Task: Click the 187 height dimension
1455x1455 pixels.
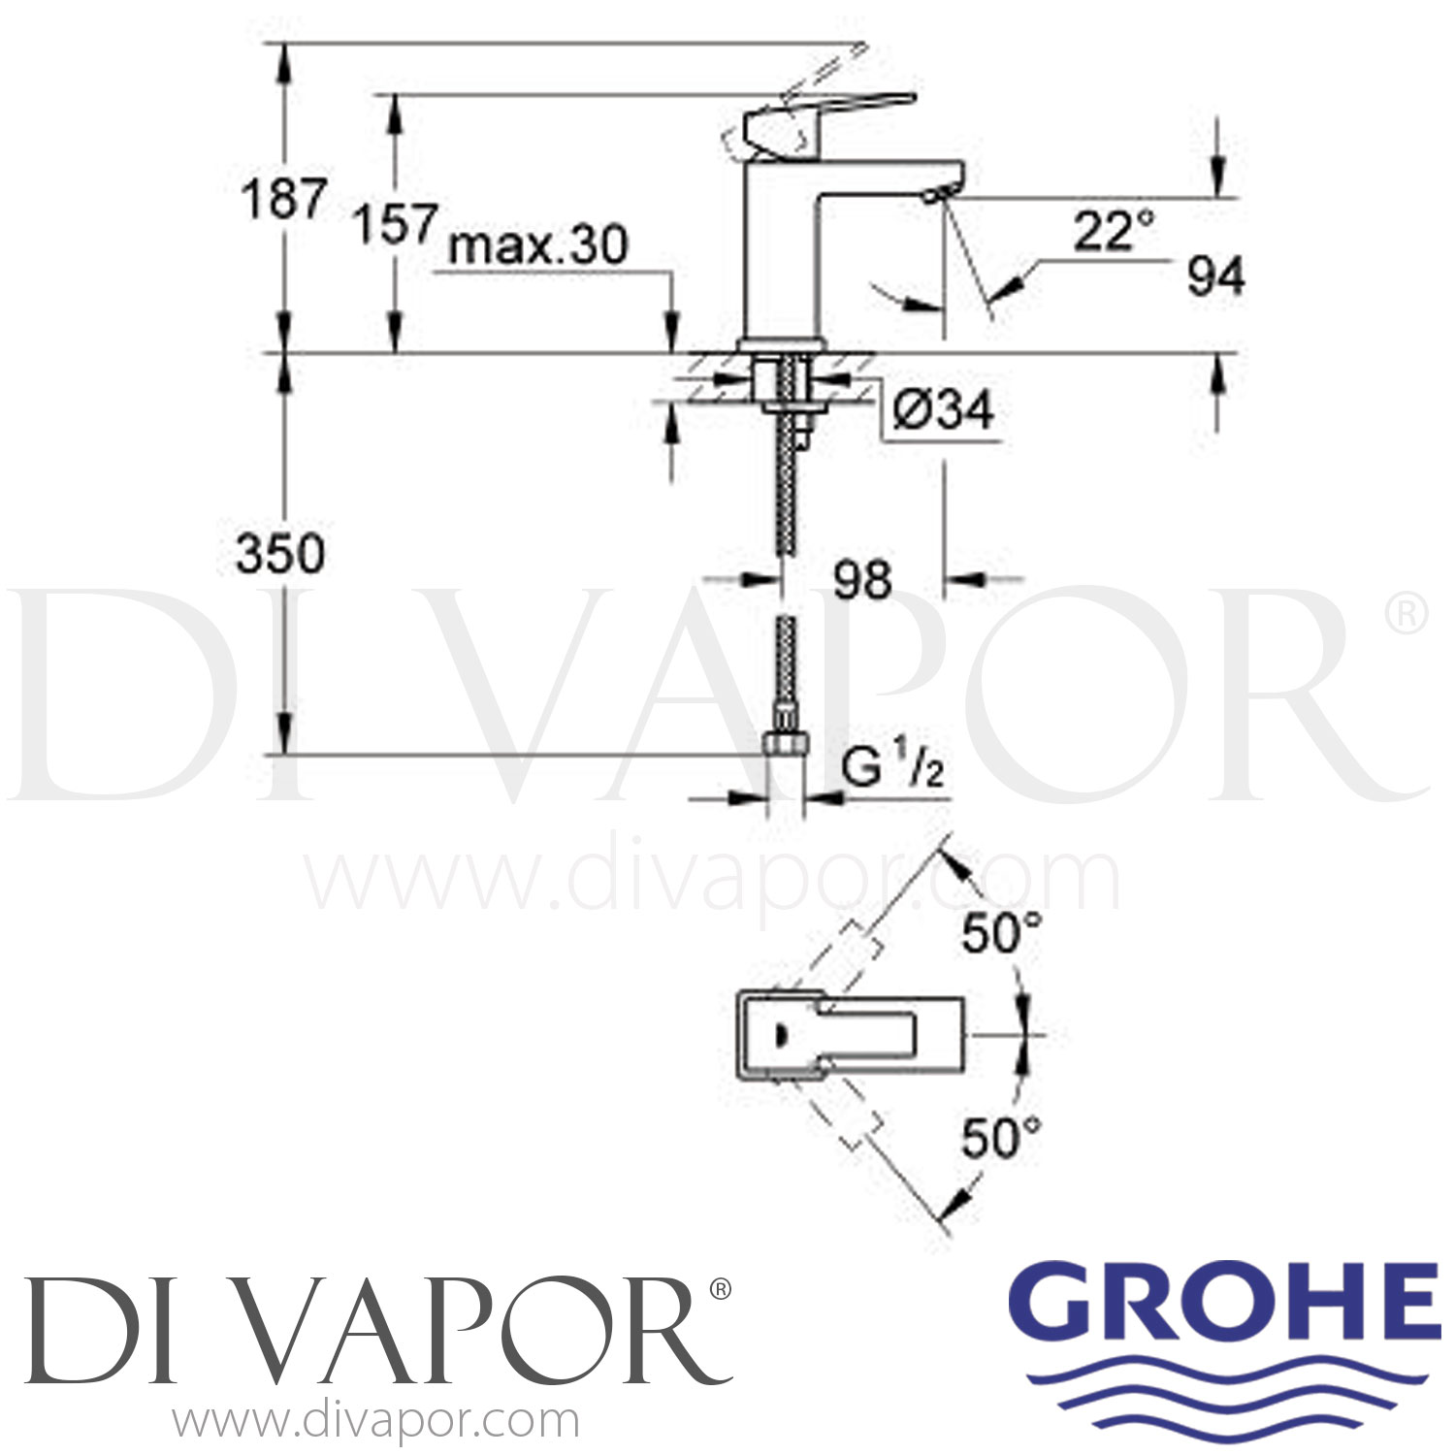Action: [x=282, y=200]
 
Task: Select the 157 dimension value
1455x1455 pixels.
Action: [x=394, y=224]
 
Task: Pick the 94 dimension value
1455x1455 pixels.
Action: [x=1215, y=277]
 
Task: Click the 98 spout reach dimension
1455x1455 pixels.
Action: [x=861, y=580]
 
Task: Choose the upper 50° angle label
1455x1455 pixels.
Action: [x=1001, y=934]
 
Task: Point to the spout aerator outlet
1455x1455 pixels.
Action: [x=933, y=197]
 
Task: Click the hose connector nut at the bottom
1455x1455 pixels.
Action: [x=786, y=746]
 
